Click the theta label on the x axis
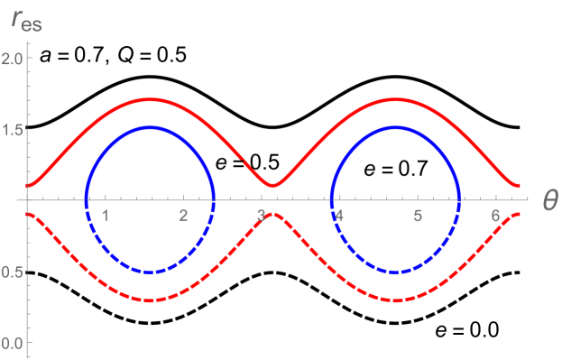pyautogui.click(x=548, y=200)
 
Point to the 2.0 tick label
pyautogui.click(x=20, y=58)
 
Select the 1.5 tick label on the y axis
pyautogui.click(x=20, y=129)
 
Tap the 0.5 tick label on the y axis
pyautogui.click(x=20, y=272)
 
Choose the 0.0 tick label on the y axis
pyautogui.click(x=20, y=343)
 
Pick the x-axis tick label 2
pyautogui.click(x=183, y=215)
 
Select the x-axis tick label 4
pyautogui.click(x=339, y=215)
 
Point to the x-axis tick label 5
pyautogui.click(x=417, y=215)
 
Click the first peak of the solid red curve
pyautogui.click(x=150, y=99)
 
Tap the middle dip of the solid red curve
pyautogui.click(x=272, y=185)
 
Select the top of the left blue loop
pyautogui.click(x=150, y=128)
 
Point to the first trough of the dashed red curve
pyautogui.click(x=150, y=300)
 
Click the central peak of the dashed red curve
pyautogui.click(x=272, y=214)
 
